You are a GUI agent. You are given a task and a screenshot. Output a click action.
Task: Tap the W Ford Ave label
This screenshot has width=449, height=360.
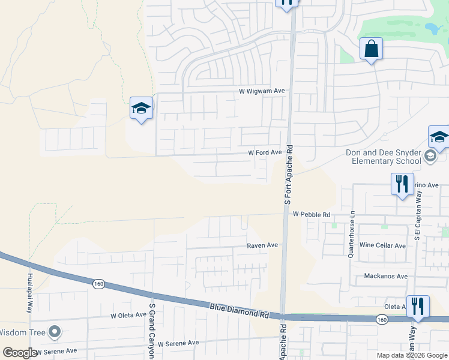pyautogui.click(x=265, y=153)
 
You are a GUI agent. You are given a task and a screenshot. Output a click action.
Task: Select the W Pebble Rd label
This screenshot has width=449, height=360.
pyautogui.click(x=312, y=214)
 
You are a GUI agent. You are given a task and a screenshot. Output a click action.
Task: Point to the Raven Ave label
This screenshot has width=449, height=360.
pyautogui.click(x=262, y=245)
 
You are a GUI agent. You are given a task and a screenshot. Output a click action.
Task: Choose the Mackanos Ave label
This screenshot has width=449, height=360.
pyautogui.click(x=386, y=277)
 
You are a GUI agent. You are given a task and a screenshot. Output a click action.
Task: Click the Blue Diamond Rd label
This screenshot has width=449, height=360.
pyautogui.click(x=238, y=310)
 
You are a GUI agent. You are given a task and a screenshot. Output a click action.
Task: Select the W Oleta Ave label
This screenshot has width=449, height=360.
pyautogui.click(x=128, y=315)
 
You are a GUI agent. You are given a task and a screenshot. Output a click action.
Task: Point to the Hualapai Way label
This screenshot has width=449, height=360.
pyautogui.click(x=29, y=294)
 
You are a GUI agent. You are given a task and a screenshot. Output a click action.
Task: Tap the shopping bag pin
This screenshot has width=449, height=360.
pyautogui.click(x=372, y=49)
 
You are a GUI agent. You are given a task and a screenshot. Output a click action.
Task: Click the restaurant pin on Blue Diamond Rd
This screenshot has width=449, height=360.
pyautogui.click(x=417, y=306)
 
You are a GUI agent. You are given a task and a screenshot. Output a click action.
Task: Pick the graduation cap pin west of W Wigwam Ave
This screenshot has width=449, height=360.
pyautogui.click(x=141, y=109)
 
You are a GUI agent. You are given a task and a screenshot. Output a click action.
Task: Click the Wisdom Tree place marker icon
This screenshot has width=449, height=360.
pyautogui.click(x=55, y=331)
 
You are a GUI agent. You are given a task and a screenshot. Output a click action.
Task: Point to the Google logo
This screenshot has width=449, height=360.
pyautogui.click(x=20, y=353)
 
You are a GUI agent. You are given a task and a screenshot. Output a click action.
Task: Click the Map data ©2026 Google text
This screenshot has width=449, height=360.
pyautogui.click(x=412, y=355)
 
